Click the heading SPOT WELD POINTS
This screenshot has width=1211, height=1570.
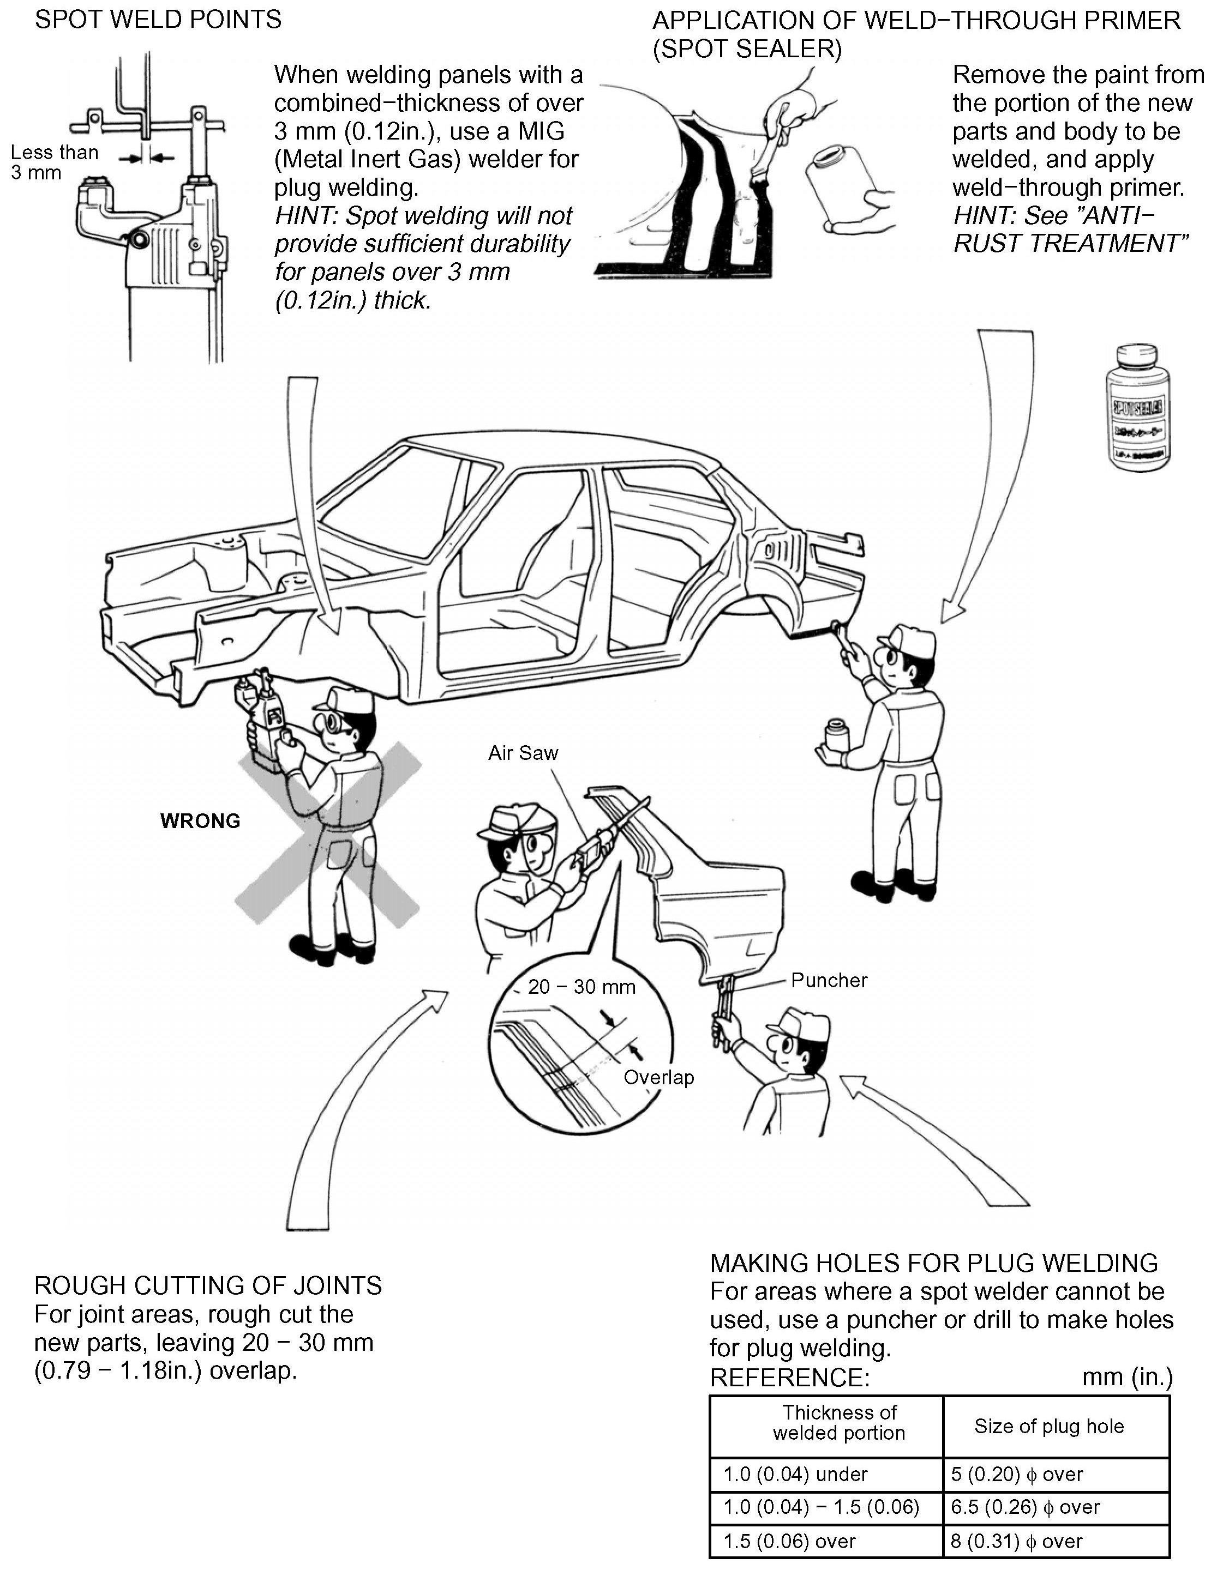[158, 20]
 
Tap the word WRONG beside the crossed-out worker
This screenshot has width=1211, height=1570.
[200, 821]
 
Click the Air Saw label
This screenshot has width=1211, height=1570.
[523, 753]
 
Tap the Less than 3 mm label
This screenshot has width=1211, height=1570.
[54, 162]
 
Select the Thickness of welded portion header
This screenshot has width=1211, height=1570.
[838, 1423]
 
